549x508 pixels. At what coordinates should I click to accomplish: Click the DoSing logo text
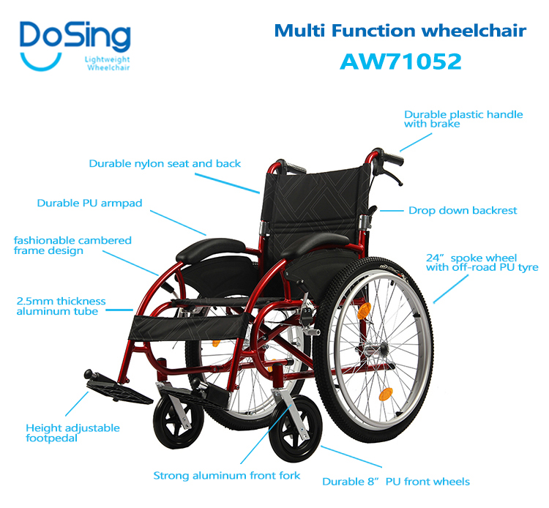click(x=75, y=35)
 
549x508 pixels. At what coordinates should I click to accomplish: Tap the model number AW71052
click(x=400, y=61)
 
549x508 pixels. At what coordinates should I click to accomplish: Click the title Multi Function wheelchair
click(x=400, y=31)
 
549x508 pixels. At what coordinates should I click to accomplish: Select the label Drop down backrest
click(x=463, y=210)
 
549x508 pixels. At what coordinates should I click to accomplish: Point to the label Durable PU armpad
click(x=89, y=203)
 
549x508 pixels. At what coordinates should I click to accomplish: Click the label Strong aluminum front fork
click(x=227, y=476)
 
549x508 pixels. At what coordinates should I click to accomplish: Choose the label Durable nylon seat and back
click(x=165, y=164)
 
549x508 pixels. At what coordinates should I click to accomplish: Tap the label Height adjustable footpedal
click(x=72, y=433)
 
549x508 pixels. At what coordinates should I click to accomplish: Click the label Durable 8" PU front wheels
click(x=396, y=482)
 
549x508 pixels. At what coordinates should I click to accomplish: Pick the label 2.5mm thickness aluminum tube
click(x=61, y=307)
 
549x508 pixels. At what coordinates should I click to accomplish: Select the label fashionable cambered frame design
click(x=72, y=245)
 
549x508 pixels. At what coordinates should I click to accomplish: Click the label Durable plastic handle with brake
click(x=463, y=119)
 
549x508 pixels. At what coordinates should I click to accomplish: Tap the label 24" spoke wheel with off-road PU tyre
click(x=482, y=263)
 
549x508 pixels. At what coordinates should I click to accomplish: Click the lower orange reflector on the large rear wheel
click(x=386, y=395)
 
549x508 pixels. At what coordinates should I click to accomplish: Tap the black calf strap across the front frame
click(x=189, y=326)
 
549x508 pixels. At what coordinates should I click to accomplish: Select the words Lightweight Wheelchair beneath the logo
click(x=108, y=64)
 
